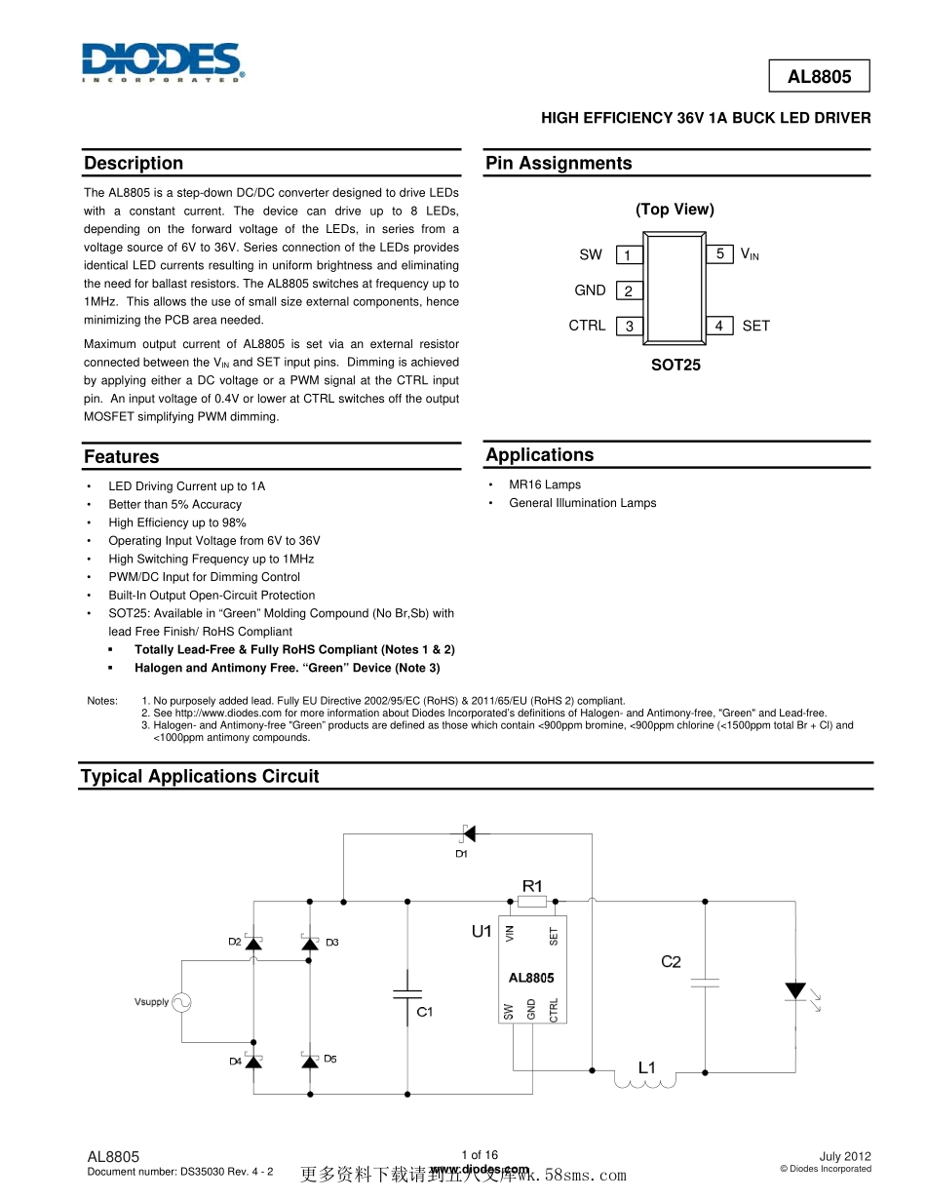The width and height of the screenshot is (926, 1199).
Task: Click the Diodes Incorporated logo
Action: coord(162,62)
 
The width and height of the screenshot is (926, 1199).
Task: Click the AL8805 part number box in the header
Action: coord(819,76)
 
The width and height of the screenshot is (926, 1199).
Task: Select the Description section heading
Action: coord(134,163)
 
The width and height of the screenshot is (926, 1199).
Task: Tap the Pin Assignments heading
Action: coord(559,163)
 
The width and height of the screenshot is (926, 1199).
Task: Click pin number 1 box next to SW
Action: coord(629,255)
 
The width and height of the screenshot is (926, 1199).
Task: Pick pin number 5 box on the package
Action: coord(719,253)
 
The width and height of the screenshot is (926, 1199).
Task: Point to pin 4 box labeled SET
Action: coord(719,326)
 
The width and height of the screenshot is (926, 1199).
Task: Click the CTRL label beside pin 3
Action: coord(587,326)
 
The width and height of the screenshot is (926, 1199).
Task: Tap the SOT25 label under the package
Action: coord(675,365)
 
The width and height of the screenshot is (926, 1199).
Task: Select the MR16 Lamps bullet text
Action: coord(545,484)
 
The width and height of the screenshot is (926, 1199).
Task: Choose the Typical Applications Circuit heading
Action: coord(200,776)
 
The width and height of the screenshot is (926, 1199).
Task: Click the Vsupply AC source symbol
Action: coord(181,1001)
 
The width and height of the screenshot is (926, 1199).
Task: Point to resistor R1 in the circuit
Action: coord(532,902)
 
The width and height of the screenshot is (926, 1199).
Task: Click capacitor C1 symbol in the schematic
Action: coord(407,994)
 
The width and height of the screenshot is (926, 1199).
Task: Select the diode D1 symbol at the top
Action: coord(467,832)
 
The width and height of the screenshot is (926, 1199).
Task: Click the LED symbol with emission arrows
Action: coord(795,991)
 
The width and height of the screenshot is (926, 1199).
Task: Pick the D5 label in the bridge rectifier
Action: coord(330,1059)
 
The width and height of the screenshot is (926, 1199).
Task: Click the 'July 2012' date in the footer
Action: coord(845,1155)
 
